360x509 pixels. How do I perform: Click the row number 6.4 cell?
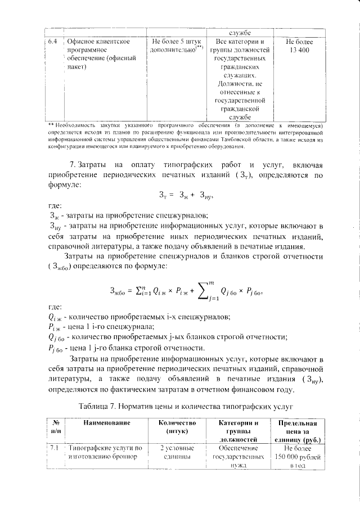[x=52, y=42]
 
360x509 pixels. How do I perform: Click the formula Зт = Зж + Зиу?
[x=180, y=196]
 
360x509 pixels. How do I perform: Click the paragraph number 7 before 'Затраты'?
[x=71, y=164]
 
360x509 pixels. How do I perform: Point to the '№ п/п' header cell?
[x=56, y=427]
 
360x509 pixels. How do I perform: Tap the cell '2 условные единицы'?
[x=177, y=452]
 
